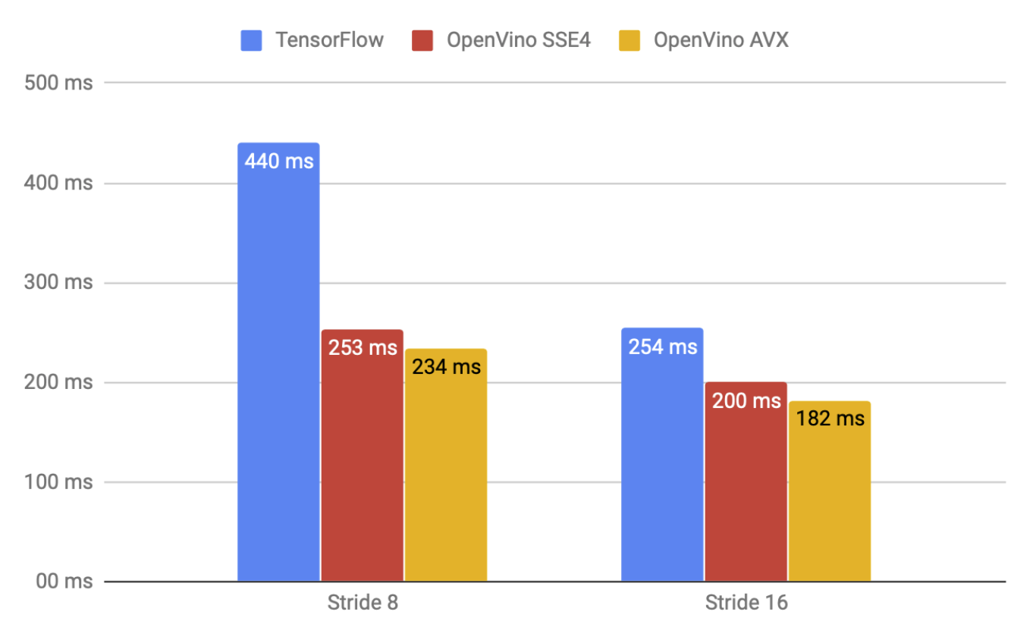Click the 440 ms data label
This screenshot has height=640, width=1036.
[x=278, y=161]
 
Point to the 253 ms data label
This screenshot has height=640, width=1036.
[x=363, y=347]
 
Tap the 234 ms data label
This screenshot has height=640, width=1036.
[x=446, y=366]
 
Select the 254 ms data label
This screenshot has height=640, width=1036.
[x=662, y=347]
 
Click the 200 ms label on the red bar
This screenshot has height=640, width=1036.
[x=746, y=400]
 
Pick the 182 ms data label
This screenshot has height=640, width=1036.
[x=830, y=418]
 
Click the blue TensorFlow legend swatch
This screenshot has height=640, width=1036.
[x=251, y=39]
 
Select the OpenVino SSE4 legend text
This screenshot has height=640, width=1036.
[x=520, y=39]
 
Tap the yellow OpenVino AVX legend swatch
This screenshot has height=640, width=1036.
[x=629, y=39]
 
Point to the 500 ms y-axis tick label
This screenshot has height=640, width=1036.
[x=58, y=83]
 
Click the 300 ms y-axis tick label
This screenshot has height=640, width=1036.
[x=58, y=283]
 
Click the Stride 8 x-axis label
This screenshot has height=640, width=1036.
[x=363, y=604]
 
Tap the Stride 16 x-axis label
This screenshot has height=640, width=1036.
[x=746, y=604]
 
